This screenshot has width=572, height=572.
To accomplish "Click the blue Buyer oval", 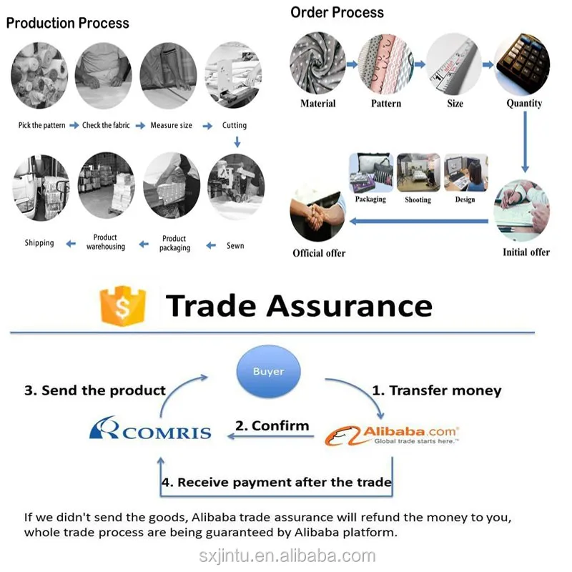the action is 269,372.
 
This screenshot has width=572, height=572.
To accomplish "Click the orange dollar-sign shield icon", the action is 123,307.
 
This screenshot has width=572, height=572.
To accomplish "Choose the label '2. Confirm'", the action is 272,425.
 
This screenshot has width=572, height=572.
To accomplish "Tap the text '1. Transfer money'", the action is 436,391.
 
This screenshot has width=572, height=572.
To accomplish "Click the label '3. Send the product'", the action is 95,390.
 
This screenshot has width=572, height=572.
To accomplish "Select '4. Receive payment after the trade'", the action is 277,482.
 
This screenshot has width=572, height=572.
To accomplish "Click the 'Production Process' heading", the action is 68,23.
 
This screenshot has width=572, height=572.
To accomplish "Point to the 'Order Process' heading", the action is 337,12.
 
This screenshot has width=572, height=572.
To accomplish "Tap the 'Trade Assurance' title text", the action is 299,305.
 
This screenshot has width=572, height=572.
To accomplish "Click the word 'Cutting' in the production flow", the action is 235,125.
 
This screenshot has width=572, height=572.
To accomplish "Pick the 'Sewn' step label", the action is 235,245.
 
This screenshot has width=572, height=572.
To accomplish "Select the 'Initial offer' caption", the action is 526,252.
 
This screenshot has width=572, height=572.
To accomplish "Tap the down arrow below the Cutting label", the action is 237,142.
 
